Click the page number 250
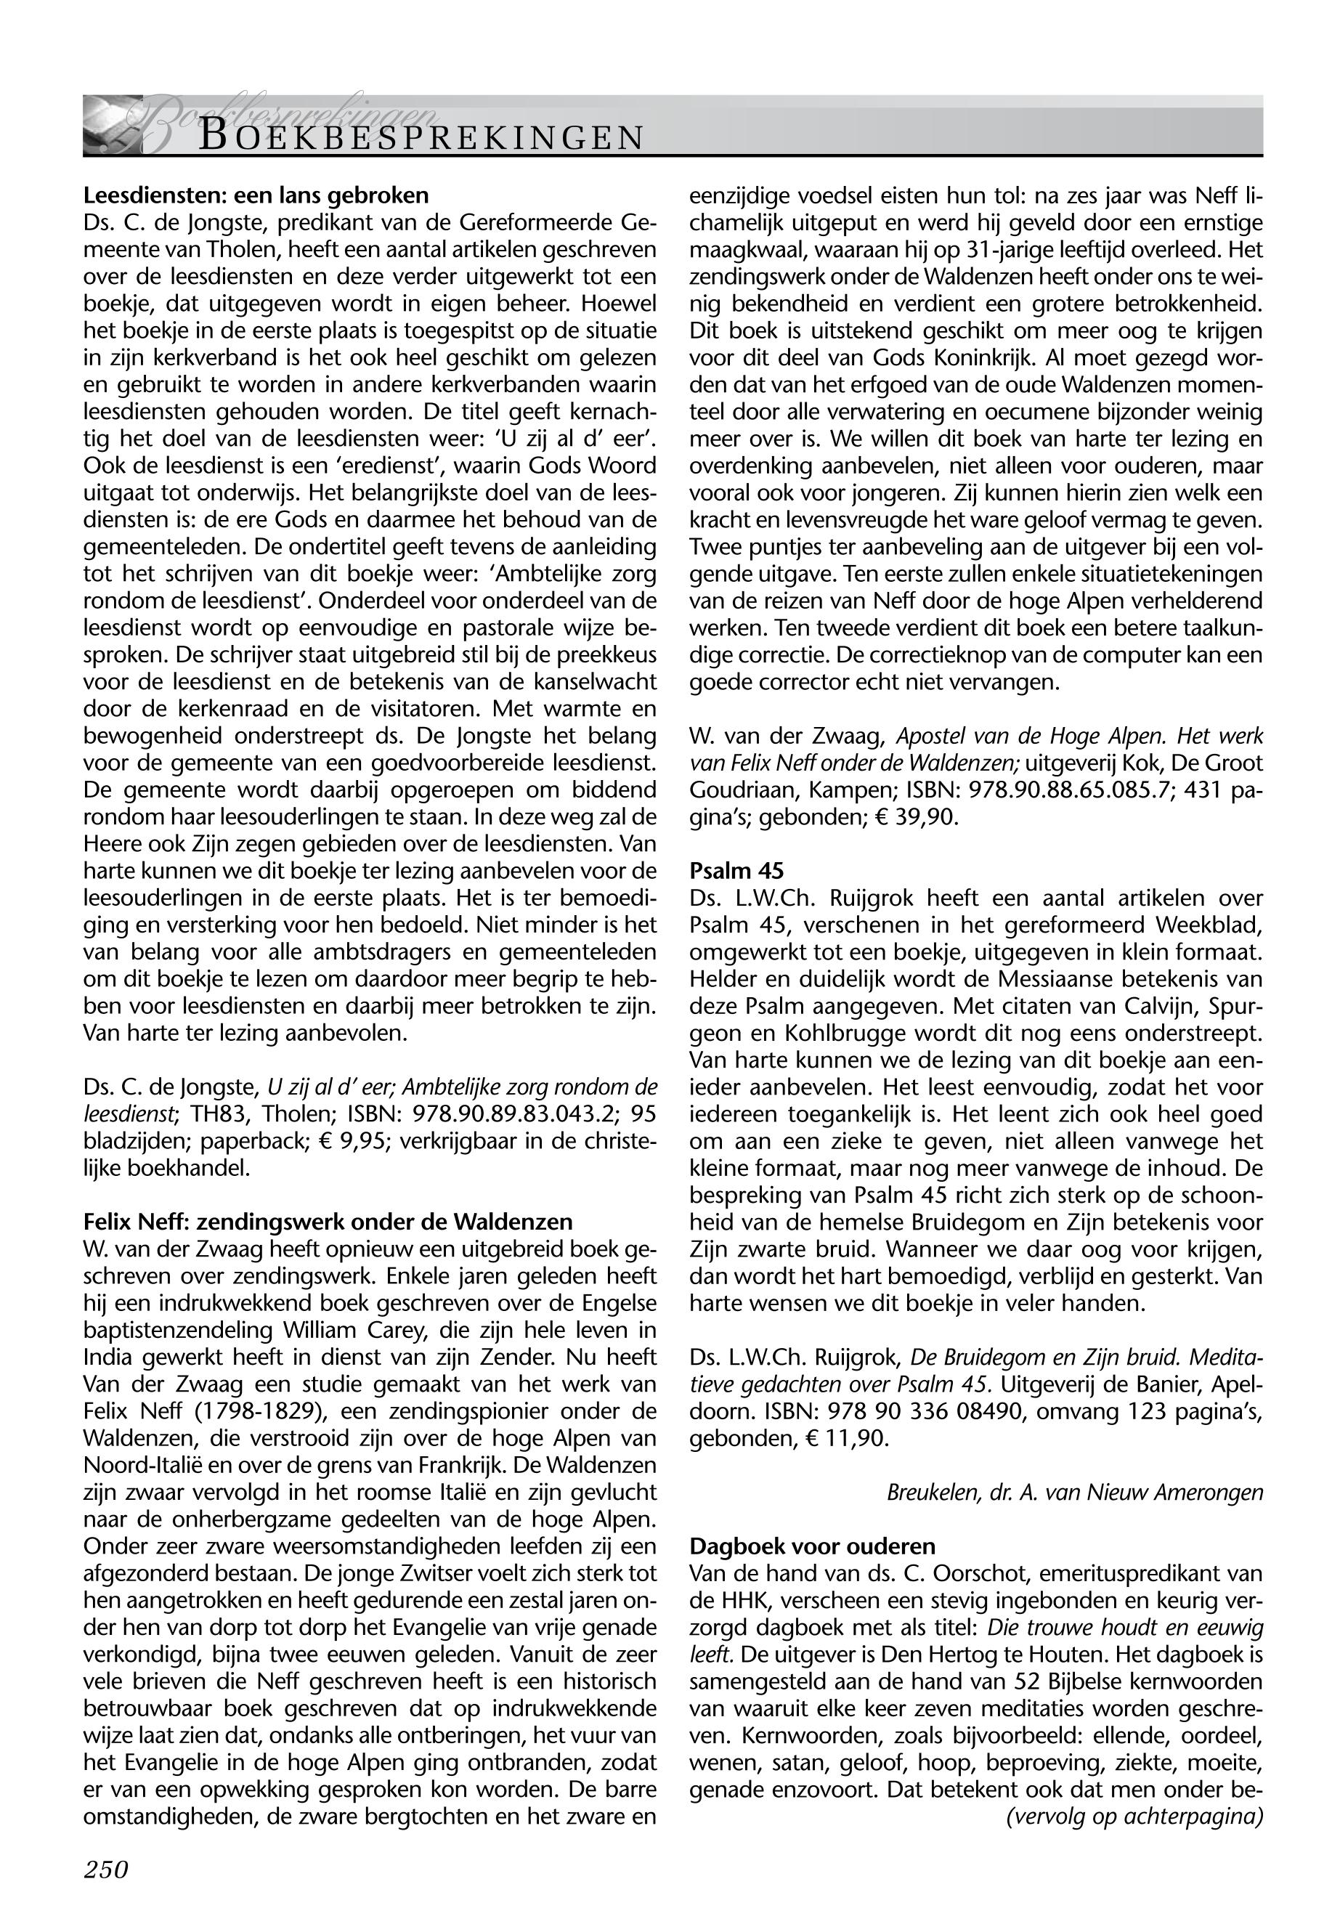[106, 1870]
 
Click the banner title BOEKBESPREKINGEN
[421, 137]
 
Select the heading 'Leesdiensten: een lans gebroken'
[256, 195]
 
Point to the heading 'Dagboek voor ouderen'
[812, 1546]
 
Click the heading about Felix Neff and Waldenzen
[328, 1221]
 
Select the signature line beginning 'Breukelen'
[1075, 1492]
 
